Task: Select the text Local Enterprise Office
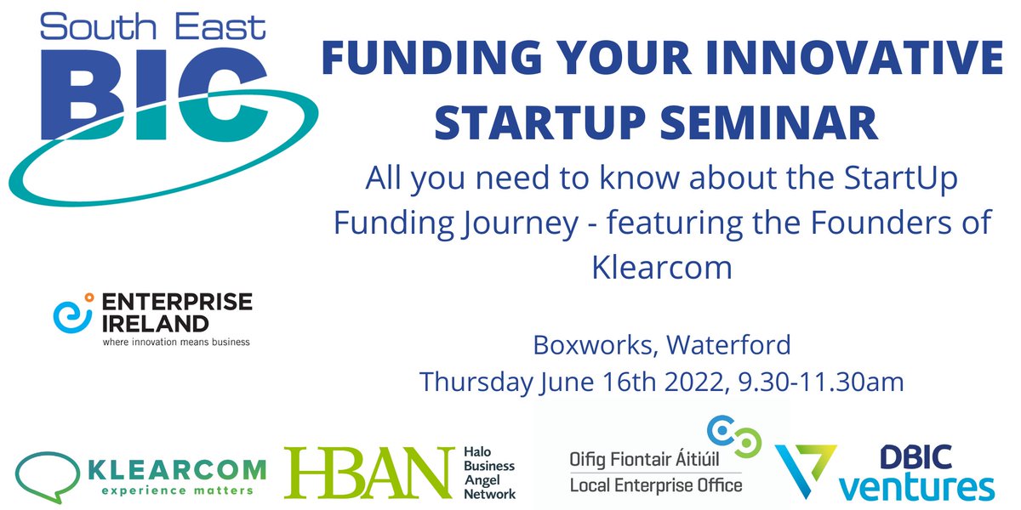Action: (x=655, y=485)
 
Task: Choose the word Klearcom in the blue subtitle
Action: (x=661, y=268)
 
